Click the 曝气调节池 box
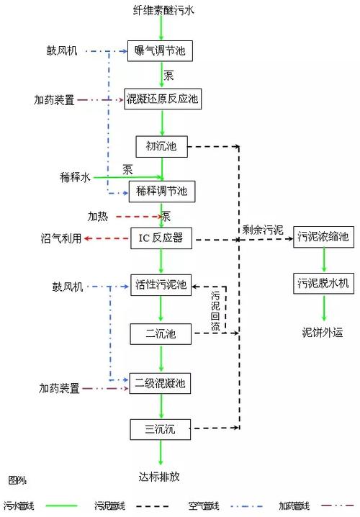(x=161, y=50)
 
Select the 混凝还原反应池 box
(x=161, y=99)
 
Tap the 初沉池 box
(x=161, y=147)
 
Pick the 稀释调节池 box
(x=161, y=191)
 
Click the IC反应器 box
(x=161, y=238)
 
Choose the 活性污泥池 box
(x=161, y=286)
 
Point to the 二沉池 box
(x=161, y=333)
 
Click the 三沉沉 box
(x=161, y=429)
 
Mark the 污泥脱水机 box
(x=323, y=283)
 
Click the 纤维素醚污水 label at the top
(x=162, y=9)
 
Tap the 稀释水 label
(x=75, y=176)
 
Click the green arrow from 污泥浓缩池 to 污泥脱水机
(x=323, y=260)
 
